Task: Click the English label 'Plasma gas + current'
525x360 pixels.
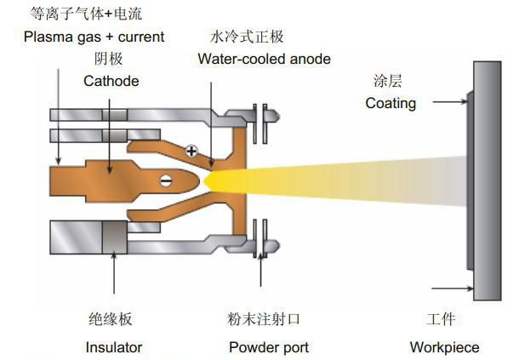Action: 94,37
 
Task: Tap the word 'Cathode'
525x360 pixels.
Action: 111,82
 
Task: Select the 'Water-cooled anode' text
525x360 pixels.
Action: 264,60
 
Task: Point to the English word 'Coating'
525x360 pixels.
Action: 391,104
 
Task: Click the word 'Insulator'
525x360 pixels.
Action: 113,347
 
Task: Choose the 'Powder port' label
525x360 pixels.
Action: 269,347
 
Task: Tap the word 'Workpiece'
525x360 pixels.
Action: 444,347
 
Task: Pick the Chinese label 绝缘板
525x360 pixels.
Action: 111,320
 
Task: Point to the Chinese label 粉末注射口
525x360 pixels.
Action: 265,320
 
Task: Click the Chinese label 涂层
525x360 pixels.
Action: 387,82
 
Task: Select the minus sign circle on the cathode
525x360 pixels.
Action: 165,179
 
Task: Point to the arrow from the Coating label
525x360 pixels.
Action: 448,104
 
